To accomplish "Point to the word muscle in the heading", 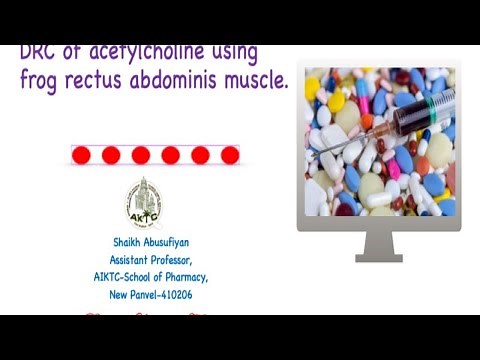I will click(x=258, y=81).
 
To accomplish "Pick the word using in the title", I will click(x=228, y=52).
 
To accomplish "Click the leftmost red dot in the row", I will click(x=81, y=155).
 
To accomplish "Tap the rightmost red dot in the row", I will click(x=230, y=155).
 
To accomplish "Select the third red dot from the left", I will click(x=141, y=155).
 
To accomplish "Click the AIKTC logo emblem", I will click(x=142, y=203).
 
